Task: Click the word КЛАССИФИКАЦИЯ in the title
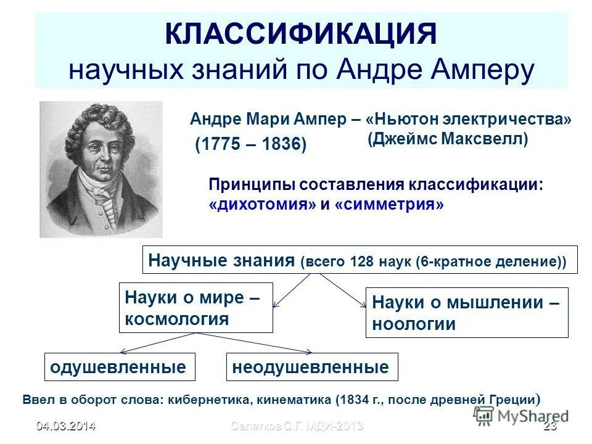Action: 301,34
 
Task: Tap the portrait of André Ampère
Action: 101,169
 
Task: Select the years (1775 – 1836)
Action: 250,145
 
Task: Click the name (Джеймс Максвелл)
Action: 448,139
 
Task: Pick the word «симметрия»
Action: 389,205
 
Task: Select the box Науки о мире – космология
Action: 195,308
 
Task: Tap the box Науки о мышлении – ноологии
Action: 466,312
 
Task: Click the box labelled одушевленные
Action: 120,367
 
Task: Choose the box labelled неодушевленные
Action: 312,367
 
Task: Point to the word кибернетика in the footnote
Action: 207,399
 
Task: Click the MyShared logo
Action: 522,416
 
